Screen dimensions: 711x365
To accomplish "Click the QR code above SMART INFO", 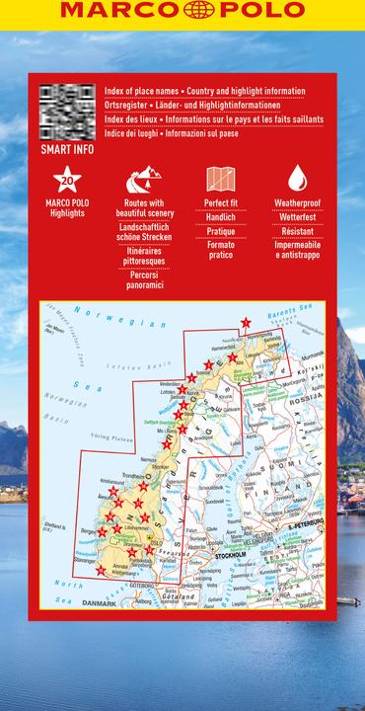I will [x=67, y=112].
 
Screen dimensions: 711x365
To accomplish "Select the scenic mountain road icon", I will [x=137, y=180].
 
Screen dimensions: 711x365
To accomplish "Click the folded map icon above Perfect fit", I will [x=220, y=180].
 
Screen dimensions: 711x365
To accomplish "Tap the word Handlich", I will [x=220, y=216].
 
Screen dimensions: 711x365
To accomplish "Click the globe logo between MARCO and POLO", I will [x=182, y=11].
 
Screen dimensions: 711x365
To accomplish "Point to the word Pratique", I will [x=220, y=230].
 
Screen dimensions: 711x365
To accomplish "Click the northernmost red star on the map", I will [x=246, y=322].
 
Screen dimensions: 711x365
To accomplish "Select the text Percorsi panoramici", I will [x=137, y=278].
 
